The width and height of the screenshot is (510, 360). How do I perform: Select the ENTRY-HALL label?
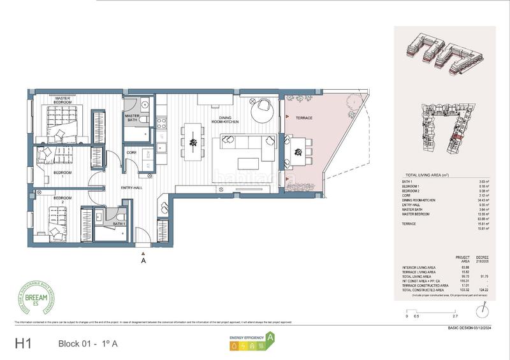(x=131, y=188)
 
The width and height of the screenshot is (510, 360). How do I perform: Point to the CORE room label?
(x=131, y=153)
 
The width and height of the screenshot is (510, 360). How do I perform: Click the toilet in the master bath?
(x=146, y=121)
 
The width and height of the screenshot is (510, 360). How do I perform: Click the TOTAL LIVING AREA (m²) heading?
(x=432, y=175)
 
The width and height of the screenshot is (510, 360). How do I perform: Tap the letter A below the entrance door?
(x=143, y=261)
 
